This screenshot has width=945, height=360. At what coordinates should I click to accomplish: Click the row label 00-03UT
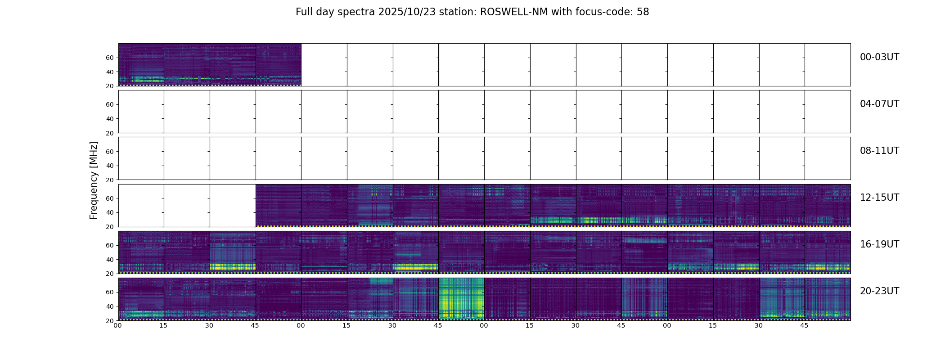pyautogui.click(x=879, y=57)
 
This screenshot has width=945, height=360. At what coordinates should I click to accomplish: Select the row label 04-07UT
pyautogui.click(x=879, y=104)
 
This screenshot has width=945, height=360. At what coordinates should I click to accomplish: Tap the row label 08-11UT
pyautogui.click(x=879, y=151)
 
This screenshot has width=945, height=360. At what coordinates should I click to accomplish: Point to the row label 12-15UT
pyautogui.click(x=879, y=198)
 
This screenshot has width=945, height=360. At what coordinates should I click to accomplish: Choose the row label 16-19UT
pyautogui.click(x=879, y=244)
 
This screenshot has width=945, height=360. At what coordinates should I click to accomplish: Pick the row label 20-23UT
pyautogui.click(x=879, y=291)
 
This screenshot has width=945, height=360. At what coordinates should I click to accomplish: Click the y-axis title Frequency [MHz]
pyautogui.click(x=94, y=180)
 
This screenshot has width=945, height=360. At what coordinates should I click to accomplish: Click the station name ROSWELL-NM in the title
pyautogui.click(x=514, y=12)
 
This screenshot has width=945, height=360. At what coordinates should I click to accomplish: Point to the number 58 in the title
pyautogui.click(x=643, y=12)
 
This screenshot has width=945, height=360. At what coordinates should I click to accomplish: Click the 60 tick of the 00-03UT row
pyautogui.click(x=110, y=58)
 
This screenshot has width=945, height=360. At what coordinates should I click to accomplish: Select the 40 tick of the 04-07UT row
pyautogui.click(x=110, y=119)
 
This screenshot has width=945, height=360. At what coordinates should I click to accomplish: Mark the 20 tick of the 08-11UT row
pyautogui.click(x=110, y=180)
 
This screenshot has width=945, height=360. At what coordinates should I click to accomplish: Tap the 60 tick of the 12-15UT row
pyautogui.click(x=110, y=198)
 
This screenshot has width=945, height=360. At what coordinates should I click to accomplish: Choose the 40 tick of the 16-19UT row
pyautogui.click(x=110, y=260)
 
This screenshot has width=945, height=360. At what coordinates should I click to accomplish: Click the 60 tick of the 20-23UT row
pyautogui.click(x=110, y=292)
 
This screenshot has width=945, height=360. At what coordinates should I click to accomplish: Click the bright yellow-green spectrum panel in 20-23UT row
pyautogui.click(x=461, y=299)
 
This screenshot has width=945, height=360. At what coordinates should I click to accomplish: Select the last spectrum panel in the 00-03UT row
pyautogui.click(x=279, y=64)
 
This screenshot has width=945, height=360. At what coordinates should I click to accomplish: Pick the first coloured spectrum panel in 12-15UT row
pyautogui.click(x=279, y=205)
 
